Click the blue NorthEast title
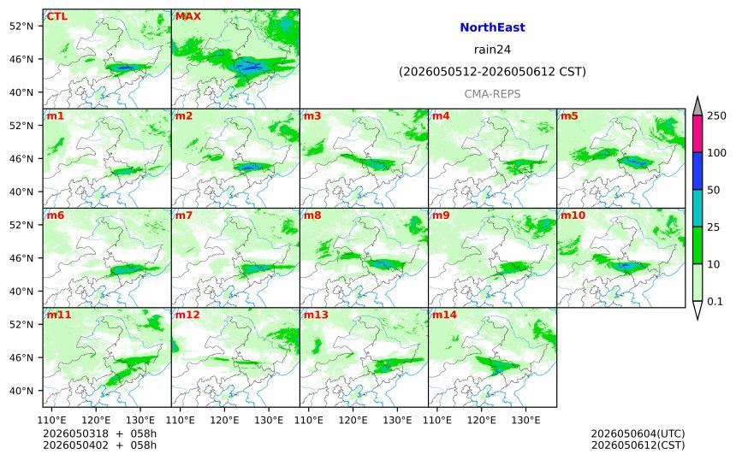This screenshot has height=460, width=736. point(492,27)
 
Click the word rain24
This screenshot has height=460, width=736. point(492,50)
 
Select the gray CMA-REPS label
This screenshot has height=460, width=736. point(492,94)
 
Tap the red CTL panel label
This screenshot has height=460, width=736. point(56,16)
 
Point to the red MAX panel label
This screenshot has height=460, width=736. point(187,16)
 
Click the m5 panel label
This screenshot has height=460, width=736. point(569,115)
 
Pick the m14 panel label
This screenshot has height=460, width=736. point(444,315)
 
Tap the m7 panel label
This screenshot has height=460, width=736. point(183,215)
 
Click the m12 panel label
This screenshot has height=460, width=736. point(187,315)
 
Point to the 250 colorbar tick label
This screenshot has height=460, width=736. point(716,115)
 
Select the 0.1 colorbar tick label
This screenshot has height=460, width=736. point(715,302)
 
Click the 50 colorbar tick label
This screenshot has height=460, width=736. point(714,190)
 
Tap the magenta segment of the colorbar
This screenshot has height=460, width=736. point(697,133)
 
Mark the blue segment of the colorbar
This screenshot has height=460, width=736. point(697,171)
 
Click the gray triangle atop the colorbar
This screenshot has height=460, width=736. point(697,108)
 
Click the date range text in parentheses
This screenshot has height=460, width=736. point(492,72)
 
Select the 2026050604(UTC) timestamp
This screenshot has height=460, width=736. point(638,433)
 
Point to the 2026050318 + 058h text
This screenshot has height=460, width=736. point(99,433)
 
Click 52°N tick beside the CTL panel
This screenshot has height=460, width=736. point(21,27)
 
